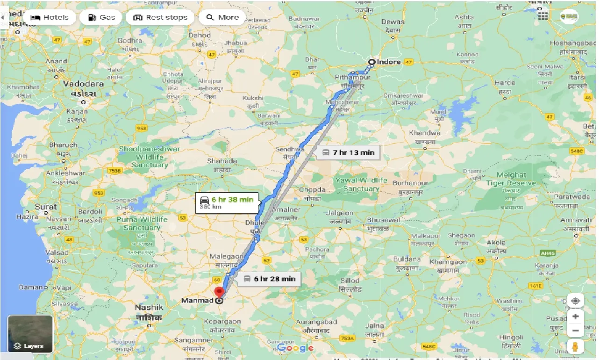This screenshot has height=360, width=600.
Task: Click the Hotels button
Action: (x=49, y=18)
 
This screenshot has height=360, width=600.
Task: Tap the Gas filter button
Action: (x=101, y=18)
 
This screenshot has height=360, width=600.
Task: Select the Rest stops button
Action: (x=160, y=18)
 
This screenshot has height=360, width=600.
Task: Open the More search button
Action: (x=222, y=18)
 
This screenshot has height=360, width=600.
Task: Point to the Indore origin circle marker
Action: (x=371, y=62)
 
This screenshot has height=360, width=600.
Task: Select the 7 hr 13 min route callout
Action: (x=348, y=152)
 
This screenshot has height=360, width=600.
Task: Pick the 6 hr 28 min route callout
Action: (x=269, y=279)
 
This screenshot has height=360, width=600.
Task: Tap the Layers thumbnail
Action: (x=30, y=334)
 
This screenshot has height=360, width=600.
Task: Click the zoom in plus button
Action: (x=575, y=317)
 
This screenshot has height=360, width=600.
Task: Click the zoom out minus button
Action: (x=575, y=331)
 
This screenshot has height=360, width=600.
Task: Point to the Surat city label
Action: (x=45, y=207)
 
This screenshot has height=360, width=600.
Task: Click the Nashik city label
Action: (x=149, y=308)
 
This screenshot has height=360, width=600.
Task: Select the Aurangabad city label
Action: (x=316, y=322)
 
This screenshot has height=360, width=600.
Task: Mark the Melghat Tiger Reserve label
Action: (x=511, y=179)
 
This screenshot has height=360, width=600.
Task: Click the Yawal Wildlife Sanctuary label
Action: (x=361, y=185)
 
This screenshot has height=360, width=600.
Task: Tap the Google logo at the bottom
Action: (x=295, y=348)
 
